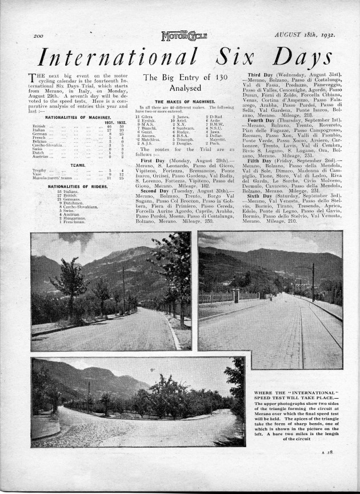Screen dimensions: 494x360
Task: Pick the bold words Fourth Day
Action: coord(263,119)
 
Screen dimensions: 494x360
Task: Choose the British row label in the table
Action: coord(39,126)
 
